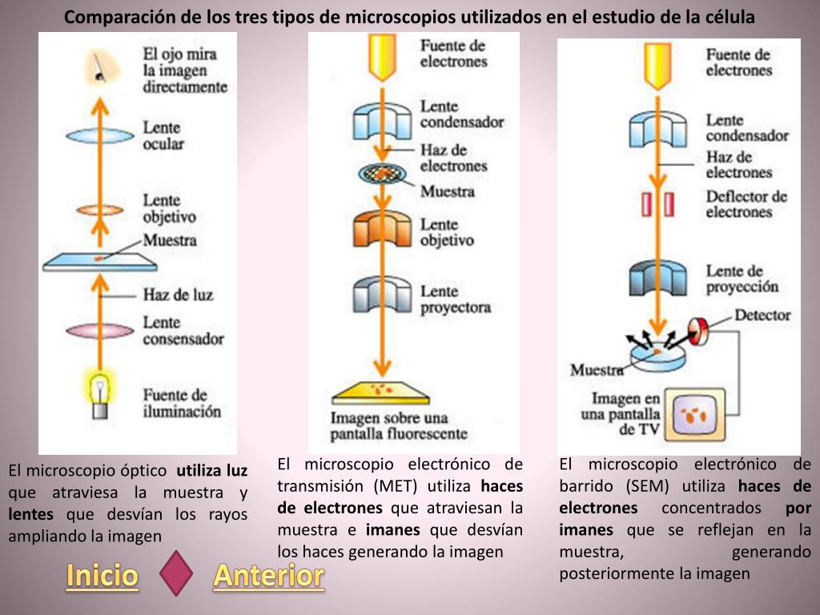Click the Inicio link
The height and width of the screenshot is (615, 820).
[102, 576]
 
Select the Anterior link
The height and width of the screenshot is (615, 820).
[268, 576]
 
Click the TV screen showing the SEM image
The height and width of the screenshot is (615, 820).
[693, 414]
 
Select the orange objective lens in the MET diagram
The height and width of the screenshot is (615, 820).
[382, 227]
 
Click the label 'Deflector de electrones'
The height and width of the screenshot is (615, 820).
[746, 204]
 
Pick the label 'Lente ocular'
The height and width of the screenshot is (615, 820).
[163, 135]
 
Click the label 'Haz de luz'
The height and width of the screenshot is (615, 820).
[178, 295]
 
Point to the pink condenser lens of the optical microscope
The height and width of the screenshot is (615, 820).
[98, 330]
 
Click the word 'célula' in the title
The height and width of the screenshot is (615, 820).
[727, 17]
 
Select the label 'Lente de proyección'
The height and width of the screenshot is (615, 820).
[742, 279]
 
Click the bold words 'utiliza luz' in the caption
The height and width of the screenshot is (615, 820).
[212, 470]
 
